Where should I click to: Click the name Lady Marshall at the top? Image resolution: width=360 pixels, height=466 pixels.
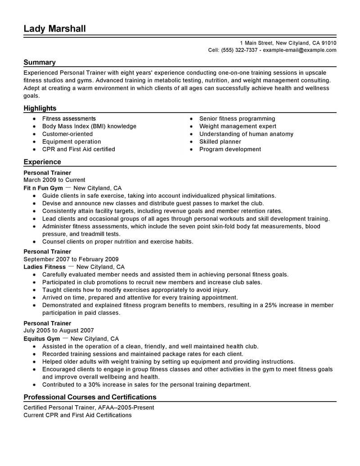(54, 29)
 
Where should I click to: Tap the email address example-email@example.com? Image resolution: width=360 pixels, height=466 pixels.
(299, 50)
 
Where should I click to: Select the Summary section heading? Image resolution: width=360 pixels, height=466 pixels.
(40, 63)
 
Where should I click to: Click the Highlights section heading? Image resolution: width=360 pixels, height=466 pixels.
(40, 109)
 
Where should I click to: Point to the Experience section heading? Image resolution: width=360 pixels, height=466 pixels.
(42, 162)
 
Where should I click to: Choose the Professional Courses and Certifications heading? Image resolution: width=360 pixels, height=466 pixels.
(90, 397)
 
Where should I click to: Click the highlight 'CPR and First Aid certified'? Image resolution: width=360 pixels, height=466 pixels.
(79, 149)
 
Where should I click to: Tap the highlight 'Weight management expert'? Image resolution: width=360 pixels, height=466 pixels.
(238, 127)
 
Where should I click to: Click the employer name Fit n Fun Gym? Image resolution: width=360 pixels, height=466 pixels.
(42, 188)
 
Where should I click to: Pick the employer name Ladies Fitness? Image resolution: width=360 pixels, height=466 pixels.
(45, 267)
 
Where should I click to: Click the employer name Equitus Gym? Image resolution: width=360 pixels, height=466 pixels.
(42, 339)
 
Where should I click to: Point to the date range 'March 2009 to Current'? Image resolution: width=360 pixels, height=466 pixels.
(54, 180)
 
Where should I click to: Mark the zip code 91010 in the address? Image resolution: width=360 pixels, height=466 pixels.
(328, 43)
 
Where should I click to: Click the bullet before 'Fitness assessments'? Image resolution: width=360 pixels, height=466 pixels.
(34, 119)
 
